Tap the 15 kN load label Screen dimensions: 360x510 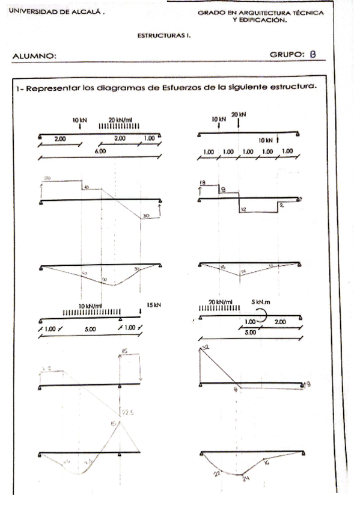pos(154,305)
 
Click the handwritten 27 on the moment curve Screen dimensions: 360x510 pos(218,475)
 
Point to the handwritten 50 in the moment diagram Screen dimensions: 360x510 pos(103,280)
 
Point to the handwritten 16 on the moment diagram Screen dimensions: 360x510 pos(266,462)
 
